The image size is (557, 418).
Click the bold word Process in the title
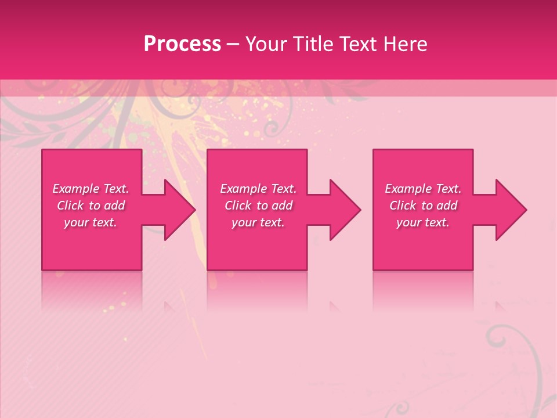point(182,44)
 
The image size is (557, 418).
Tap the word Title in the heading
point(311,44)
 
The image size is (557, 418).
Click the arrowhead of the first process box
point(178,210)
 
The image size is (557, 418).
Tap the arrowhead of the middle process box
point(343,210)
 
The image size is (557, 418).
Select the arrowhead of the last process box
point(509,210)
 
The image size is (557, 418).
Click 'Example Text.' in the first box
point(91,189)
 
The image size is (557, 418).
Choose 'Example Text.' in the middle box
point(258,189)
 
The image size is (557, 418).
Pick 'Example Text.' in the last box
point(423,189)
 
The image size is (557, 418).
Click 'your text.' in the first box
point(91,222)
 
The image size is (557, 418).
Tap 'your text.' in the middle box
point(258,222)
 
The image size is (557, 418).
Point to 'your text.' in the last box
point(423,222)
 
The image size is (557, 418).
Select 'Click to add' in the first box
point(91,206)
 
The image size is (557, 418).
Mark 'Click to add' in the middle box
point(258,206)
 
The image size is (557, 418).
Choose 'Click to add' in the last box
point(423,206)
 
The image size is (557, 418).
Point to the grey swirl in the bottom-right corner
point(511,348)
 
